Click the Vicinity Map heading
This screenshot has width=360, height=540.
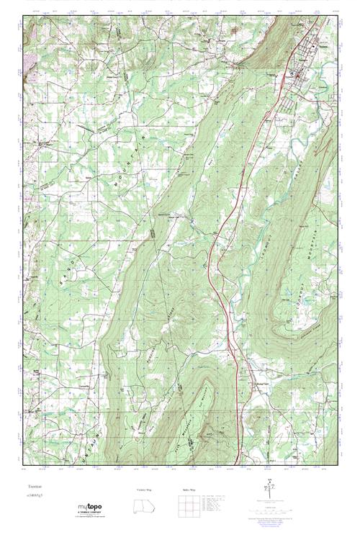[144, 490]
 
